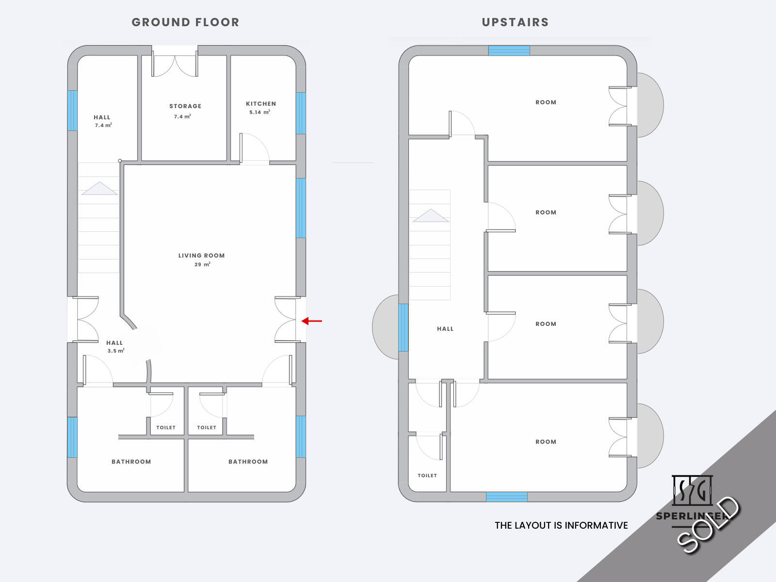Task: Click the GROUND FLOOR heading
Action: tap(186, 22)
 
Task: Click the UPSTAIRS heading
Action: tap(516, 22)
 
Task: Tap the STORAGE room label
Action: tap(185, 106)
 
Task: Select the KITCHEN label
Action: tap(261, 103)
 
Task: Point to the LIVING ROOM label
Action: tap(201, 256)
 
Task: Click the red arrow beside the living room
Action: tap(311, 321)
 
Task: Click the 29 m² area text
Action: tap(203, 264)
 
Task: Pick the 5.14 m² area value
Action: tap(260, 112)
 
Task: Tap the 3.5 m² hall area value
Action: tap(116, 351)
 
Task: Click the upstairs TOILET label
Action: tap(427, 476)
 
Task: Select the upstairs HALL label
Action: tap(445, 329)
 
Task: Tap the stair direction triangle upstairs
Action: tap(431, 215)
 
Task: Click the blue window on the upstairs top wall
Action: tap(509, 50)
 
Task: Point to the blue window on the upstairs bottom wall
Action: tap(507, 497)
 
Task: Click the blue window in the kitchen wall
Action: tap(301, 113)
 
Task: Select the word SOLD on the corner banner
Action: tap(708, 524)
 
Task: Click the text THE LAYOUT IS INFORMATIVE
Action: tap(562, 525)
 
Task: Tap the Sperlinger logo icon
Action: tap(692, 490)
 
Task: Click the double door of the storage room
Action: tap(175, 64)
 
